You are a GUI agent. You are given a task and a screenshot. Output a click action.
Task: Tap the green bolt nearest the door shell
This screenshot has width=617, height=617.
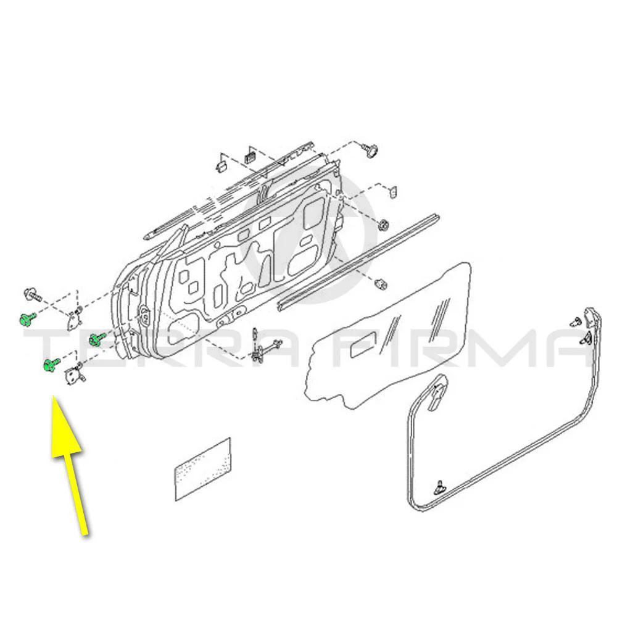click(96, 337)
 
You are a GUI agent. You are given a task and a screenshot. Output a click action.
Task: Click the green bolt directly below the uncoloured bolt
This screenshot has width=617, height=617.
click(25, 319)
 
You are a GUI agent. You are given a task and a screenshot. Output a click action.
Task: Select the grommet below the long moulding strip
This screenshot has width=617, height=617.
click(380, 283)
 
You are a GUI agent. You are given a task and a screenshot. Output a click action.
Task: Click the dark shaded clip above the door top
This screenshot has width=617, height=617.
click(251, 153)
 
